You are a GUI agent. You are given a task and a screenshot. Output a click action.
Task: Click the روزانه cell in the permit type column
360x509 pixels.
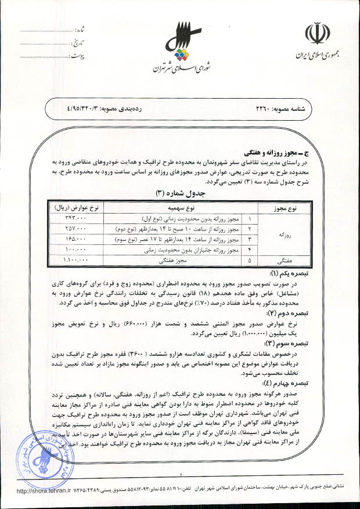285,233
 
